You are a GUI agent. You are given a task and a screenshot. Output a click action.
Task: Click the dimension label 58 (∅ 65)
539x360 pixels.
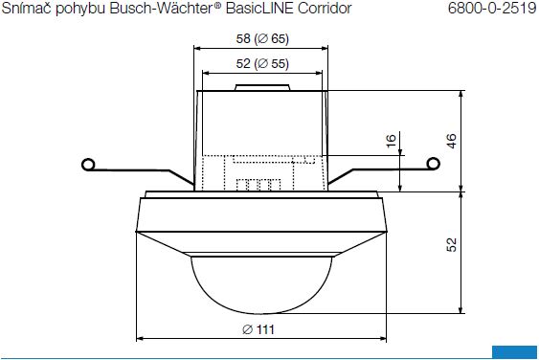[x=262, y=38]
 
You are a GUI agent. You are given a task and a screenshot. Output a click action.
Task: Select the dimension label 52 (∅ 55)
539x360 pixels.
[x=262, y=63]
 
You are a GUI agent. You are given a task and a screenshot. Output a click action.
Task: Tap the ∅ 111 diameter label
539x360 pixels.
[x=258, y=329]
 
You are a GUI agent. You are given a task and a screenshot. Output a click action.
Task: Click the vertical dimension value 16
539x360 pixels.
[x=391, y=141]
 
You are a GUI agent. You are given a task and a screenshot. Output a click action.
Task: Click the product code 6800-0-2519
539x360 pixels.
[x=492, y=9]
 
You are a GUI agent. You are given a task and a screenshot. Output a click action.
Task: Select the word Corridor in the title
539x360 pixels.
[x=325, y=9]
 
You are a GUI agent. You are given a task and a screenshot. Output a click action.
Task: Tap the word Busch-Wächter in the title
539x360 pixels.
[x=161, y=9]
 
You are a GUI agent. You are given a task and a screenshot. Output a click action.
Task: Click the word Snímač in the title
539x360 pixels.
[x=27, y=9]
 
